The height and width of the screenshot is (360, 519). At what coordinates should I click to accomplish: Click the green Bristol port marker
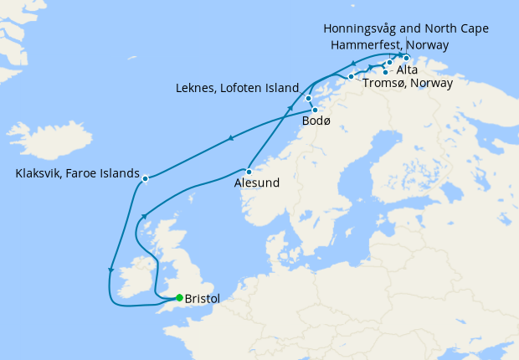pos(179,297)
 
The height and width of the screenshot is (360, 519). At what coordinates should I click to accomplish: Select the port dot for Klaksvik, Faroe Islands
pos(146,178)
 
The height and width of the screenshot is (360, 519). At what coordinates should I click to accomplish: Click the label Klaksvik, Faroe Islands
pos(77,174)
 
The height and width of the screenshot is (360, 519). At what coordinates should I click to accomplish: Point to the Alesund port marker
pos(249,172)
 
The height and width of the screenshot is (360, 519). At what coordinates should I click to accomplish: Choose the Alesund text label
pos(257,183)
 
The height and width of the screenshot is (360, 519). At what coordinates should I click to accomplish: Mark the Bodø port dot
pos(315,111)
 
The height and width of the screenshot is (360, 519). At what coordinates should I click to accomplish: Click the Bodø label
pos(316,122)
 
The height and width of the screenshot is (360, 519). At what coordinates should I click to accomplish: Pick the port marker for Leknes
pos(309,99)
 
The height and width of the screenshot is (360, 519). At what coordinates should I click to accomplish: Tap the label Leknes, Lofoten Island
pos(238,87)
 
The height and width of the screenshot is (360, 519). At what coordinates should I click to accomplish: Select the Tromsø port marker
pos(352,77)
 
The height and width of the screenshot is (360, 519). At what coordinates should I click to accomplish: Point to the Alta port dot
pos(385,72)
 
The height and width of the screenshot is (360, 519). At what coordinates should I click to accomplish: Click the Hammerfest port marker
pos(390,63)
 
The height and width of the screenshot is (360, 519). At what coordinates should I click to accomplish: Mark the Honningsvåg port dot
pos(406,59)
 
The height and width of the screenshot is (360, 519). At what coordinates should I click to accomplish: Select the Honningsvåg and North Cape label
pos(406,28)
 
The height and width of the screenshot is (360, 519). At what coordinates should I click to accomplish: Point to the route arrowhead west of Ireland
pos(110,270)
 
